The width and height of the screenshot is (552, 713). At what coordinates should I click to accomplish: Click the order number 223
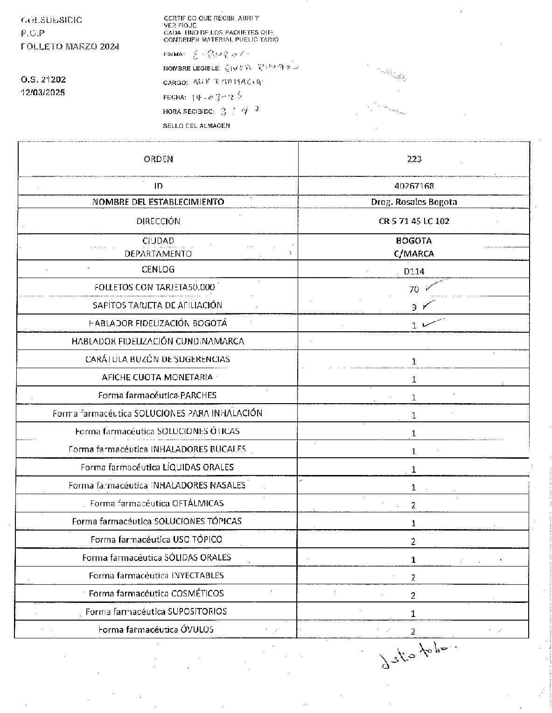click(414, 159)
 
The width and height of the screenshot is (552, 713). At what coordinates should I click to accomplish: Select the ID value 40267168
click(414, 186)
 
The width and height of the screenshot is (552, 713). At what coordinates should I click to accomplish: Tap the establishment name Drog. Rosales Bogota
click(414, 202)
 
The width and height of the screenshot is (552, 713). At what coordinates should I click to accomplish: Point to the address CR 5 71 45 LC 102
click(414, 221)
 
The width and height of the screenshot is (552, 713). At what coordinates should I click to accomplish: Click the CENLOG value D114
click(414, 271)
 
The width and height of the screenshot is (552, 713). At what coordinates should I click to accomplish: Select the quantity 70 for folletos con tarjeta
click(414, 289)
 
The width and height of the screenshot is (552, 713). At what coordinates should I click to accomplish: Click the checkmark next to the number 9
click(429, 305)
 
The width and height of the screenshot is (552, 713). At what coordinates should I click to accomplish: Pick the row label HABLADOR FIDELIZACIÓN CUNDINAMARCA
click(158, 341)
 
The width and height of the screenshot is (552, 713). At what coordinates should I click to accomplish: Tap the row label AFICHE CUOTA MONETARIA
click(157, 377)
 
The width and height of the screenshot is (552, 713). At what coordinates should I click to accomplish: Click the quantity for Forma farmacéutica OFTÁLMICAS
click(413, 505)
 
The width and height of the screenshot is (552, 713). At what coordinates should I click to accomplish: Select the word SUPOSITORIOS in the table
click(197, 611)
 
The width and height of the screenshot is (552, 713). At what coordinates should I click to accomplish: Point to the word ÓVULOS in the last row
click(197, 629)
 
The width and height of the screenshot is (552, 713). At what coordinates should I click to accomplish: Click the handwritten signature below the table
click(415, 656)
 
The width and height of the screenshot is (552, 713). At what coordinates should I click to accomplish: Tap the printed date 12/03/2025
click(43, 92)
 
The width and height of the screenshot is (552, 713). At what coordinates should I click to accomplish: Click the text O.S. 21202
click(43, 80)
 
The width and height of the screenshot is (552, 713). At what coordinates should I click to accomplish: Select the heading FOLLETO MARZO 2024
click(70, 47)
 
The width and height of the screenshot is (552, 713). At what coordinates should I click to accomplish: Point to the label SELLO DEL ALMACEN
click(196, 126)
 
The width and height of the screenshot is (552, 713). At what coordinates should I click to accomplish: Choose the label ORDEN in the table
click(159, 159)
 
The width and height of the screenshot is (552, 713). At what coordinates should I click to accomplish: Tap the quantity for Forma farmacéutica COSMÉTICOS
click(413, 595)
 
